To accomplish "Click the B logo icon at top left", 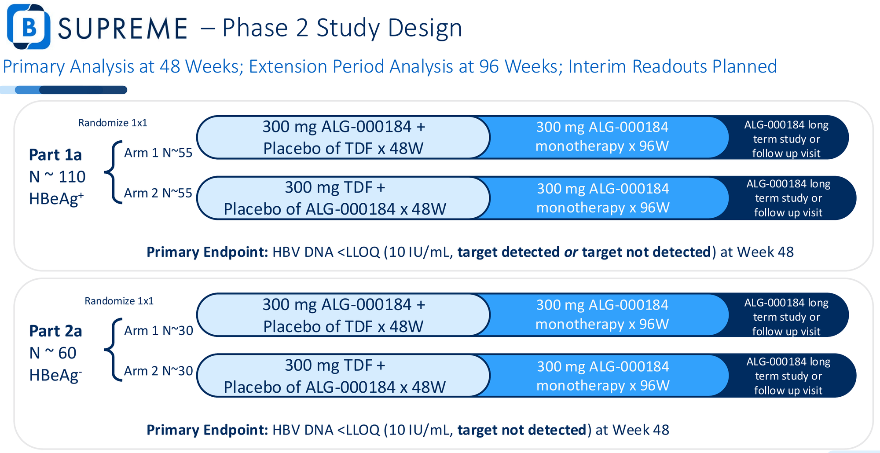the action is coord(29,26).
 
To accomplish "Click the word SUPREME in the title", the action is coord(123,29).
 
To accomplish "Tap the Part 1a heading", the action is coord(55,155).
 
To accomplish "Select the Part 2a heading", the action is coord(55,331).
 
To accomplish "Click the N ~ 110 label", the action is coord(57,177).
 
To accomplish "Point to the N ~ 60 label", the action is coord(53,353).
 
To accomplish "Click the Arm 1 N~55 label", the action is coord(158,153).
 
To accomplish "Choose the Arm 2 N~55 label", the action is coord(158,193).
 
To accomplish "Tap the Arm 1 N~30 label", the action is coord(158,330).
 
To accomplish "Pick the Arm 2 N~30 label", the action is coord(158,371).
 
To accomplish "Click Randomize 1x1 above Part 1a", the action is coord(113,123).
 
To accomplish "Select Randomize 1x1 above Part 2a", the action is coord(119,301).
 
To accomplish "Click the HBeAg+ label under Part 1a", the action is coord(56,199).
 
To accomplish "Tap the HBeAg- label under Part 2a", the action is coord(55,375).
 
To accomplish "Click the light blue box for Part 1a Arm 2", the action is coord(343,198).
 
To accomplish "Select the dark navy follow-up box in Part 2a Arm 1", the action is coord(787,315).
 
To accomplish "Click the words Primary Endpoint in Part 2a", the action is coord(207,430).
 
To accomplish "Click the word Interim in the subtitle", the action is coord(597,66).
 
